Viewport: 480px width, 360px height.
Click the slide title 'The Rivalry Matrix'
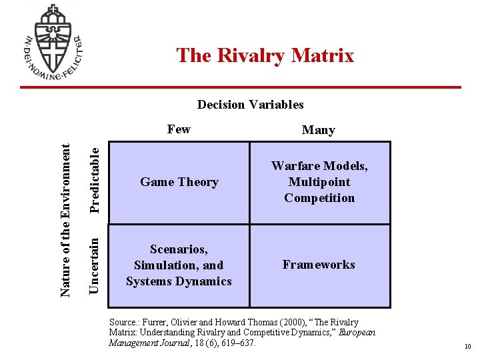pyautogui.click(x=265, y=55)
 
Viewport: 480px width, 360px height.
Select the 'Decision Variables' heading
pyautogui.click(x=250, y=104)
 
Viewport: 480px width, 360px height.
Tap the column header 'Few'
pyautogui.click(x=179, y=129)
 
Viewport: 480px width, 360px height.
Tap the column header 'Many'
pyautogui.click(x=318, y=130)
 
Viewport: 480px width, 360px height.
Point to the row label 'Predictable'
pyautogui.click(x=96, y=179)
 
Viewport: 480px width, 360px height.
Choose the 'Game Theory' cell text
pyautogui.click(x=179, y=182)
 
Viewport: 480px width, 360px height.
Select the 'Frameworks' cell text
pyautogui.click(x=319, y=265)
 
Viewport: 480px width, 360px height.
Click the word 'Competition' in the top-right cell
pyautogui.click(x=319, y=198)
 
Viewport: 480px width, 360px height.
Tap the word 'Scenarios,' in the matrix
pyautogui.click(x=179, y=249)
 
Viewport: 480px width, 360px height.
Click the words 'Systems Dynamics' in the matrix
pyautogui.click(x=179, y=281)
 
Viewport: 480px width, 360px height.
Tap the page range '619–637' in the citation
pyautogui.click(x=236, y=343)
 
